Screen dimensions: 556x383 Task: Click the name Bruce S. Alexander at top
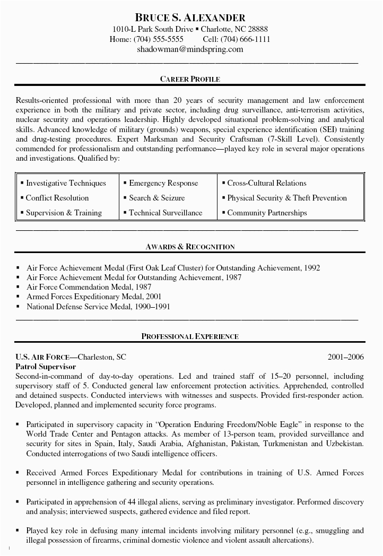pos(190,18)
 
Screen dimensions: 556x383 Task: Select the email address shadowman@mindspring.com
pos(190,49)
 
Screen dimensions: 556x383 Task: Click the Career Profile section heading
pos(190,79)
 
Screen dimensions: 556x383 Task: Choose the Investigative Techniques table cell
pos(66,183)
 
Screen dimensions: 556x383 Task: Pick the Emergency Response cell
pos(163,183)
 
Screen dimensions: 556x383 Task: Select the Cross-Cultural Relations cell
pos(267,183)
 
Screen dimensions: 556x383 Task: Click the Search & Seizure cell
pos(157,198)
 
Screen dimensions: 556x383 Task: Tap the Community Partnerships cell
pos(267,213)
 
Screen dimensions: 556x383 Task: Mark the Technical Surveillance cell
pos(166,213)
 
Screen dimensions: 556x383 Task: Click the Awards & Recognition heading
pos(190,247)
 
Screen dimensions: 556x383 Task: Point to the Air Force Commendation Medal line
pos(85,287)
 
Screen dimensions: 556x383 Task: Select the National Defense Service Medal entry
pos(98,307)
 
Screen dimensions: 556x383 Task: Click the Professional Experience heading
pos(190,336)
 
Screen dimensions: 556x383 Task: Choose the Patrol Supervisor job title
pos(46,367)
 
